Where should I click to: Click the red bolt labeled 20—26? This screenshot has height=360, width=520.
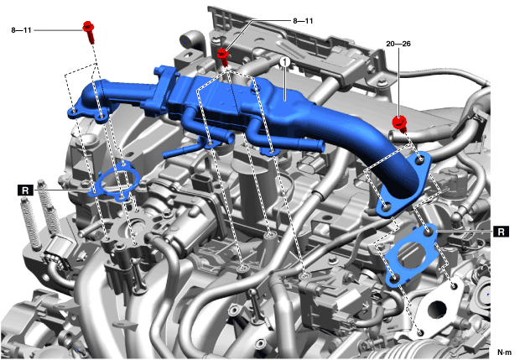[400, 123]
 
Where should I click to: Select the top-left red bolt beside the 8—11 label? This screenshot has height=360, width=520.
[89, 32]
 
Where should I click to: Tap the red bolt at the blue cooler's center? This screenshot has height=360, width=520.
[223, 57]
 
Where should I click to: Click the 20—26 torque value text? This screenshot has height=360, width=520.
[398, 44]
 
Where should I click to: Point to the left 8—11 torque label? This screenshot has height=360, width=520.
[21, 30]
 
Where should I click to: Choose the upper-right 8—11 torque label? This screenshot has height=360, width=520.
[303, 21]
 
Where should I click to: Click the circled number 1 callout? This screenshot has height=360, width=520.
[285, 62]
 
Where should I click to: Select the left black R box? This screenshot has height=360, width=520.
[25, 190]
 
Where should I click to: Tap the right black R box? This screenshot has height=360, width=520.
[501, 232]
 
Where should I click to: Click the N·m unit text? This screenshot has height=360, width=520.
[504, 352]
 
